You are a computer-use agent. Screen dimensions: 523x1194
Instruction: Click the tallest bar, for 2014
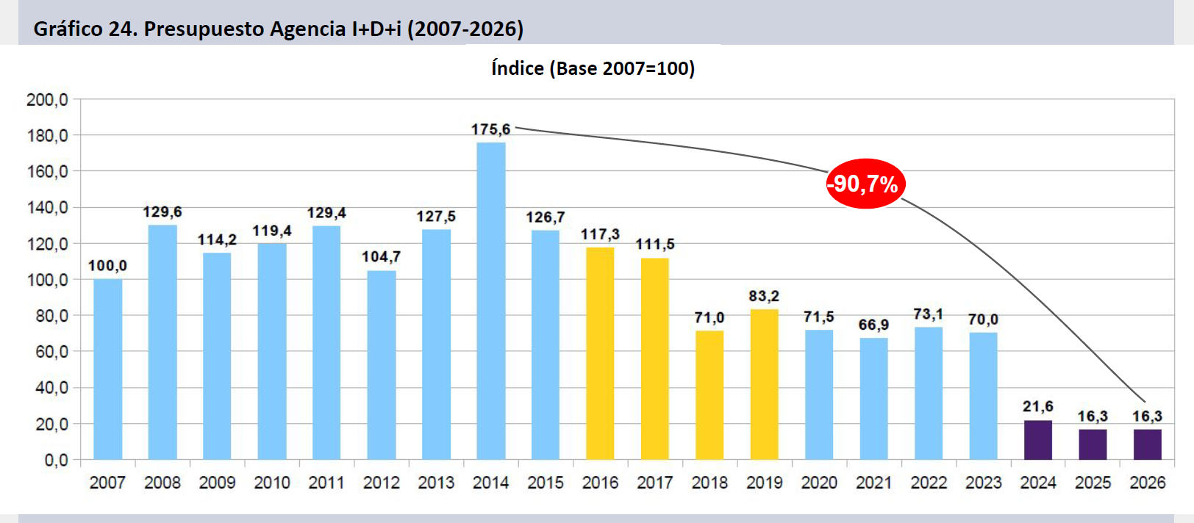point(490,301)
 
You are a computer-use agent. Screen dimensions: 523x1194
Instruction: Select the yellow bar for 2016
point(600,353)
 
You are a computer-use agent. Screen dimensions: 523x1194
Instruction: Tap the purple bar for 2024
point(1037,440)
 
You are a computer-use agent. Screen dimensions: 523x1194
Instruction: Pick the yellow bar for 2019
point(764,384)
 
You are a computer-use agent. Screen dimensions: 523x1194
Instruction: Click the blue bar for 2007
point(107,369)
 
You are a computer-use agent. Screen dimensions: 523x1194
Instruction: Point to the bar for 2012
point(381,365)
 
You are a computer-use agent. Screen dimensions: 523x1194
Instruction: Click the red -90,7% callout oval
point(865,184)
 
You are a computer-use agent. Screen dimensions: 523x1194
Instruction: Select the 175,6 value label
point(490,129)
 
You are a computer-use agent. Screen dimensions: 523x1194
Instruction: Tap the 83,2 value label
point(764,296)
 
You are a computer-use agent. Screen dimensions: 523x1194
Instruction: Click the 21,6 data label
point(1037,406)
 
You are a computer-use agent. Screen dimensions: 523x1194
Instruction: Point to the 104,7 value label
point(381,256)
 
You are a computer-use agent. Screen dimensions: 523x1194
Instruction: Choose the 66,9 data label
point(873,325)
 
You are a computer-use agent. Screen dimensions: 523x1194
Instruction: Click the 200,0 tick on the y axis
point(47,99)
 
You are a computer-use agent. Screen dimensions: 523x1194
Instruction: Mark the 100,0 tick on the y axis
point(47,279)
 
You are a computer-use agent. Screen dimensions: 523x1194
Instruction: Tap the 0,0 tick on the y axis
point(55,460)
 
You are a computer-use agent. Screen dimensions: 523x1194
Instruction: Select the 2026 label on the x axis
point(1147,483)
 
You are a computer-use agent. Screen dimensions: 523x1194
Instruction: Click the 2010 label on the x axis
point(271,483)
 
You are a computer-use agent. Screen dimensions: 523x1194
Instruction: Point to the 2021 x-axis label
point(873,483)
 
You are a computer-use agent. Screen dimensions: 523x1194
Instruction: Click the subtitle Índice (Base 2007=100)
point(593,68)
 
